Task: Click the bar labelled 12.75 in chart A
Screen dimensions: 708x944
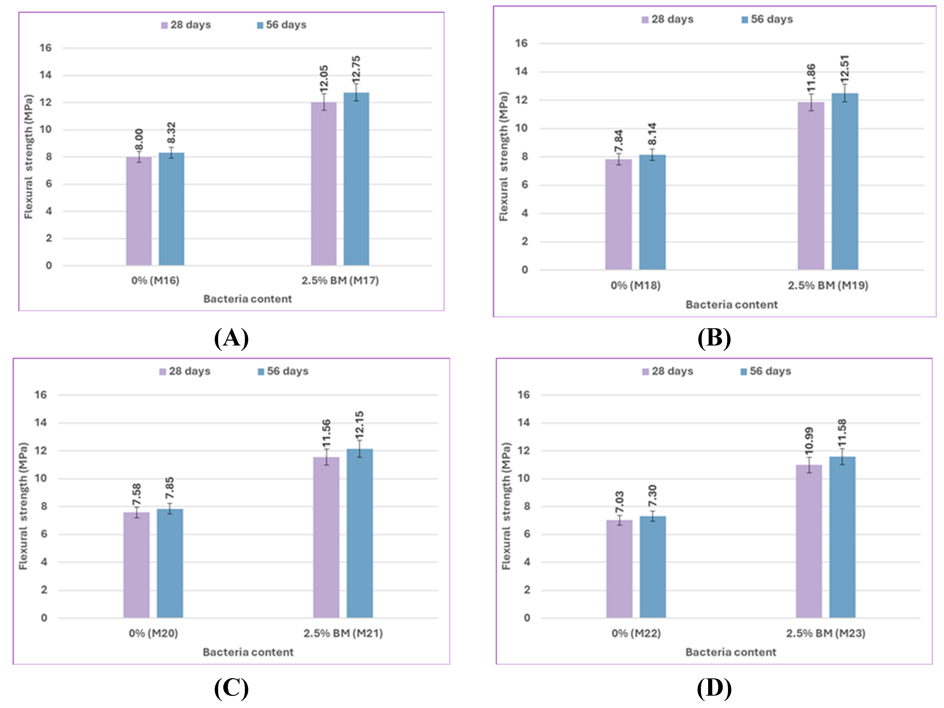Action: (356, 179)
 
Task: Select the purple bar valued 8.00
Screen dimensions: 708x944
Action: (139, 211)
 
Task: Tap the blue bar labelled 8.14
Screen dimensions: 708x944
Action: (652, 212)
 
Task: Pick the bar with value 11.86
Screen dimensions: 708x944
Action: (811, 186)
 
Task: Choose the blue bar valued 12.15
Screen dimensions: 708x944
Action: (359, 533)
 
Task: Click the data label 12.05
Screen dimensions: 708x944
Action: (324, 79)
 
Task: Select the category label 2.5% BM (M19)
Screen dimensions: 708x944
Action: (828, 286)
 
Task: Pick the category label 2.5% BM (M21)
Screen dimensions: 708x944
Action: (343, 633)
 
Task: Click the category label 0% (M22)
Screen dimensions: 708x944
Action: (636, 633)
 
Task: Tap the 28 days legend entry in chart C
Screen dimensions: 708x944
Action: (185, 371)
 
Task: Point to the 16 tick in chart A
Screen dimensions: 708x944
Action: (46, 48)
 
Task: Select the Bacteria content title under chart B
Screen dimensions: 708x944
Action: (732, 305)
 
